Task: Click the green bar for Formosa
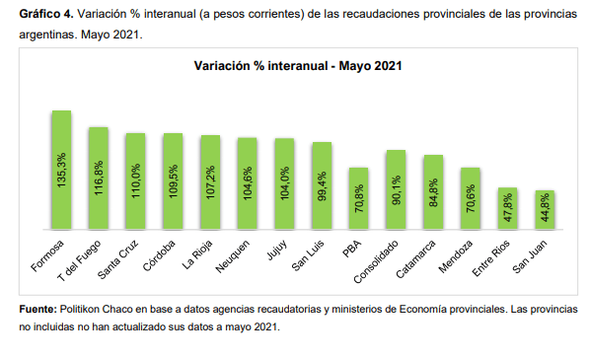(61, 170)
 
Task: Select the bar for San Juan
(545, 209)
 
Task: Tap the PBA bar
(358, 198)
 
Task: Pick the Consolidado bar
(396, 189)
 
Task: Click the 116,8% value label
(99, 178)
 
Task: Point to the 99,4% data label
(322, 186)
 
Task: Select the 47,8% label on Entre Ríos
(507, 207)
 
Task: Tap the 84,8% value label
(433, 192)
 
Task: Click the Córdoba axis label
(159, 255)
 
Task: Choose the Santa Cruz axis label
(117, 259)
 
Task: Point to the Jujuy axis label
(277, 250)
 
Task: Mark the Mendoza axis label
(455, 256)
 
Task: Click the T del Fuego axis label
(79, 260)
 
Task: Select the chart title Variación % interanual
(298, 66)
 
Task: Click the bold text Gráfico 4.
(46, 14)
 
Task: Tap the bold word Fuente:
(38, 310)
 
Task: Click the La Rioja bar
(210, 182)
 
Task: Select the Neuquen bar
(248, 183)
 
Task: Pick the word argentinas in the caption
(48, 35)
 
